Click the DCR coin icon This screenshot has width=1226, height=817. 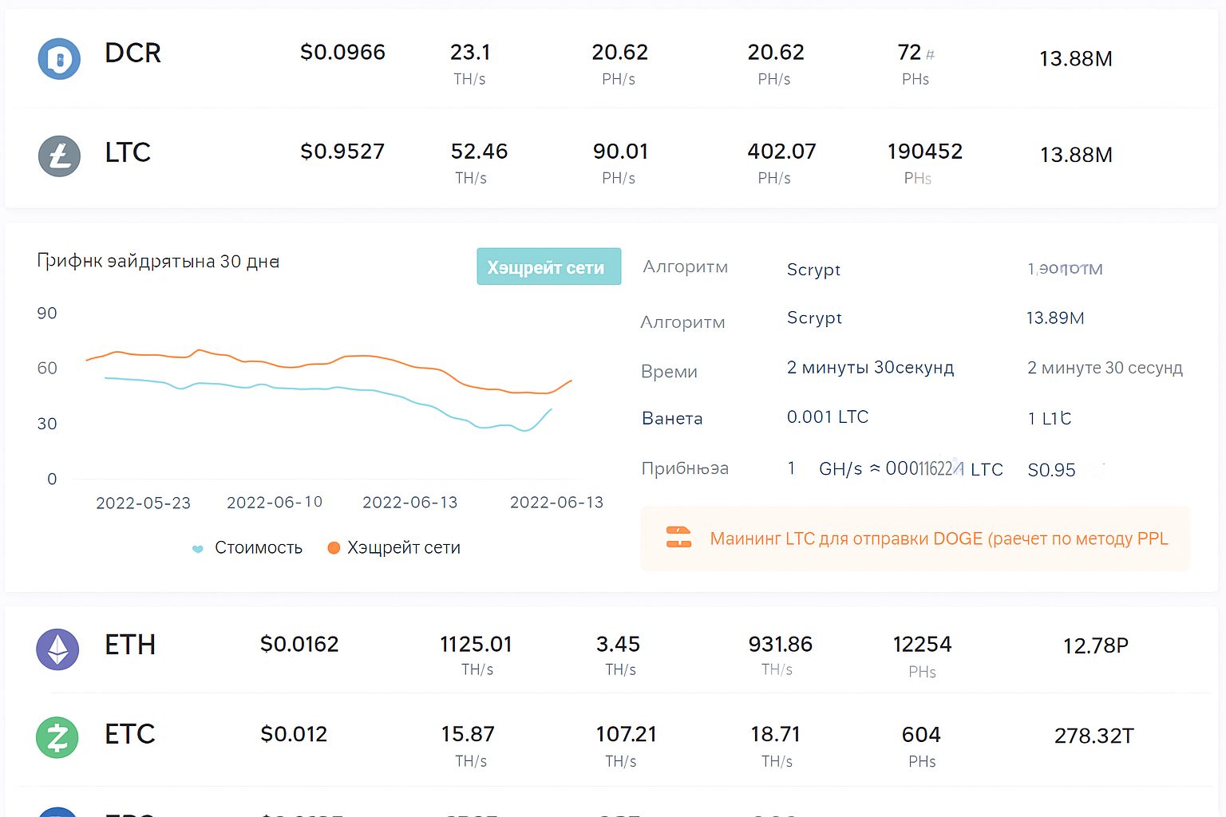coord(59,59)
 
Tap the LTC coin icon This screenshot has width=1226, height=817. coord(59,156)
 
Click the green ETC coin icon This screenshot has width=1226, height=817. coord(57,737)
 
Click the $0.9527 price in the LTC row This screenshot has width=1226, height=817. coord(342,152)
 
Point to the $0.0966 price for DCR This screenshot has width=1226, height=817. coord(342,53)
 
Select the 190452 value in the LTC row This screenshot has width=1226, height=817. coord(924,152)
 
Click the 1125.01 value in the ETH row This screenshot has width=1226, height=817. coord(476,644)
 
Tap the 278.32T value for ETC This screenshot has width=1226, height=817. coord(1094,736)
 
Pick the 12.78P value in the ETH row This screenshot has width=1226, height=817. coord(1095,645)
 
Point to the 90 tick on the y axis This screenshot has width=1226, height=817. coord(47,314)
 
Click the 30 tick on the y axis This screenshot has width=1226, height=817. coord(47,424)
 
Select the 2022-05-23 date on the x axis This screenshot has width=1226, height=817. coord(143,503)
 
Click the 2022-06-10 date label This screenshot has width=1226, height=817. coord(275,503)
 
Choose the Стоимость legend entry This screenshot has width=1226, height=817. coord(258,548)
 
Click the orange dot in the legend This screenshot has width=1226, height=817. coord(334,548)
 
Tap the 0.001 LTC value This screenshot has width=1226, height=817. coord(827,417)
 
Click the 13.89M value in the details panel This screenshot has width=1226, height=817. coord(1054,318)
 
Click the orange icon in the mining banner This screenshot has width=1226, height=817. coord(678,538)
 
